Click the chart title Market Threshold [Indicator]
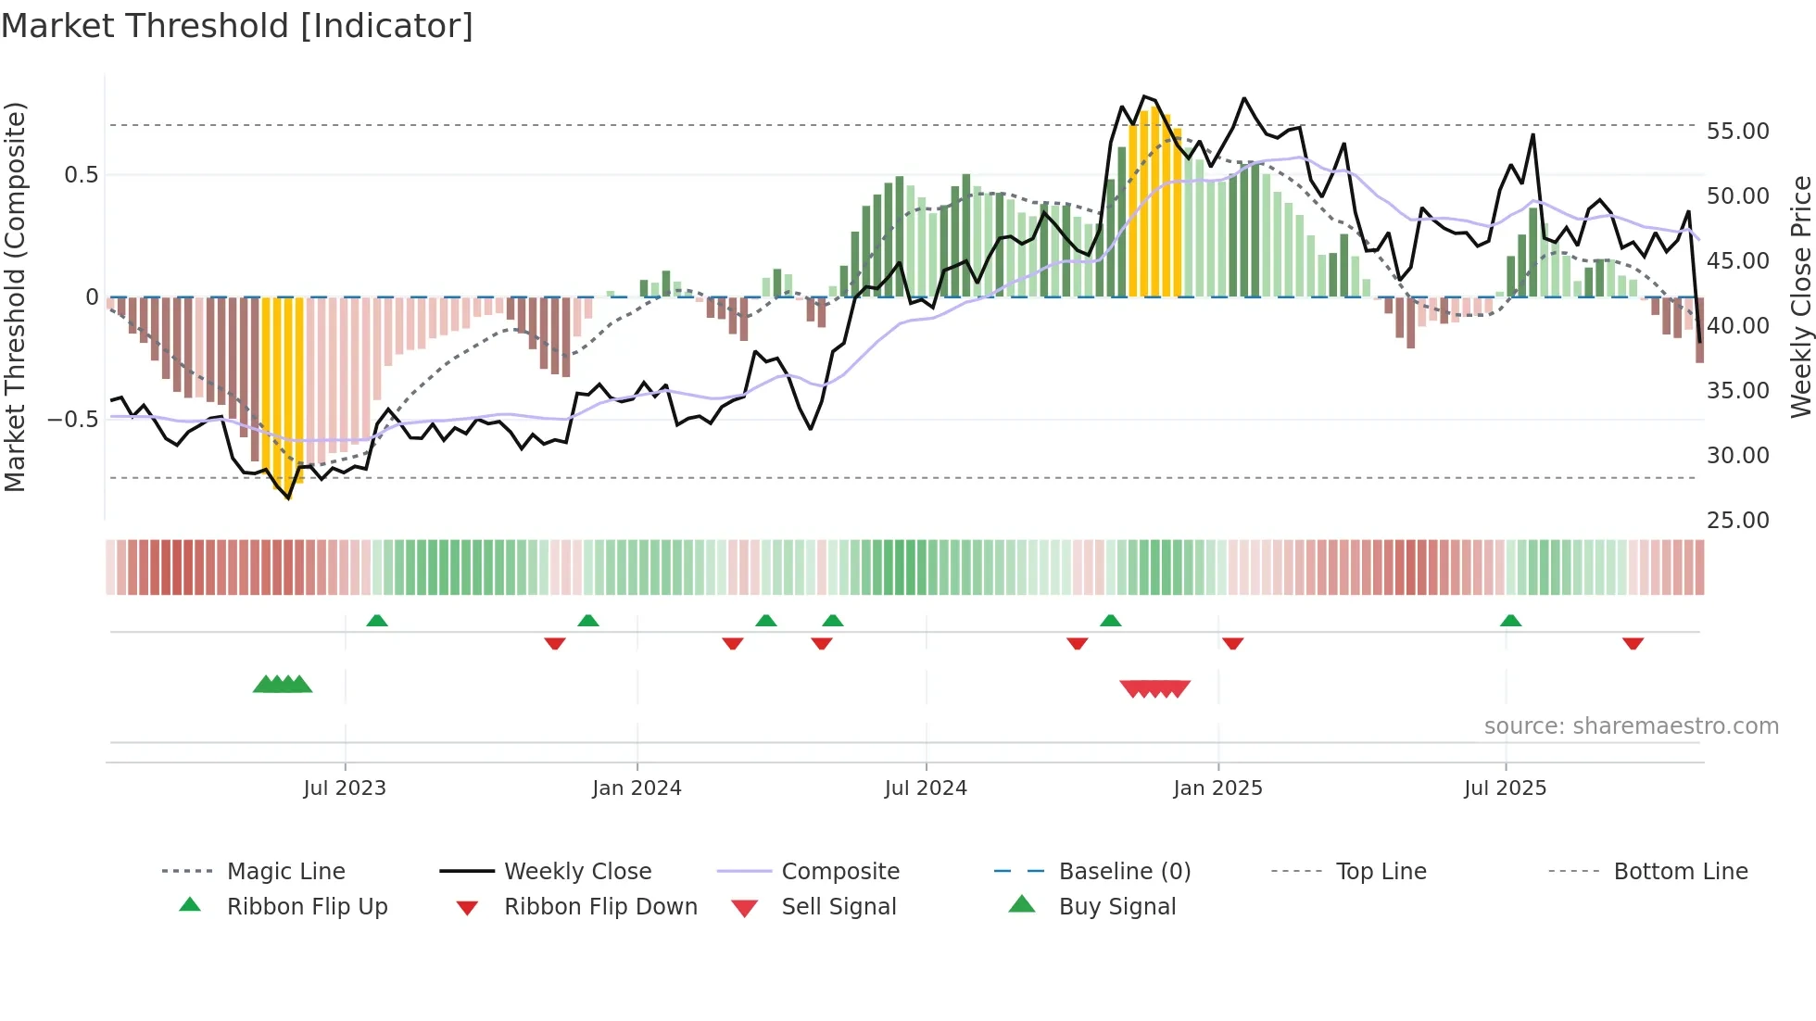pyautogui.click(x=237, y=26)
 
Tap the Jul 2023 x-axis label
pyautogui.click(x=345, y=788)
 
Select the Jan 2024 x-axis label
pyautogui.click(x=637, y=788)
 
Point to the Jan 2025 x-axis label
pyautogui.click(x=1217, y=788)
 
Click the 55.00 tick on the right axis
pyautogui.click(x=1737, y=132)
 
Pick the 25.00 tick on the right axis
pyautogui.click(x=1737, y=521)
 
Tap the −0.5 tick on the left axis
pyautogui.click(x=73, y=420)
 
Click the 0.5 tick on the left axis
pyautogui.click(x=81, y=175)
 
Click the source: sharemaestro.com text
pyautogui.click(x=1631, y=726)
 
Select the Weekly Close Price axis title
pyautogui.click(x=1800, y=296)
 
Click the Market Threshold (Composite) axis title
pyautogui.click(x=15, y=296)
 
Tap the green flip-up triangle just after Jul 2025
pyautogui.click(x=1510, y=621)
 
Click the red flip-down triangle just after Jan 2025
pyautogui.click(x=1232, y=643)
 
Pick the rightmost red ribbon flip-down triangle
pyautogui.click(x=1633, y=643)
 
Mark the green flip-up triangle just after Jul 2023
pyautogui.click(x=376, y=621)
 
